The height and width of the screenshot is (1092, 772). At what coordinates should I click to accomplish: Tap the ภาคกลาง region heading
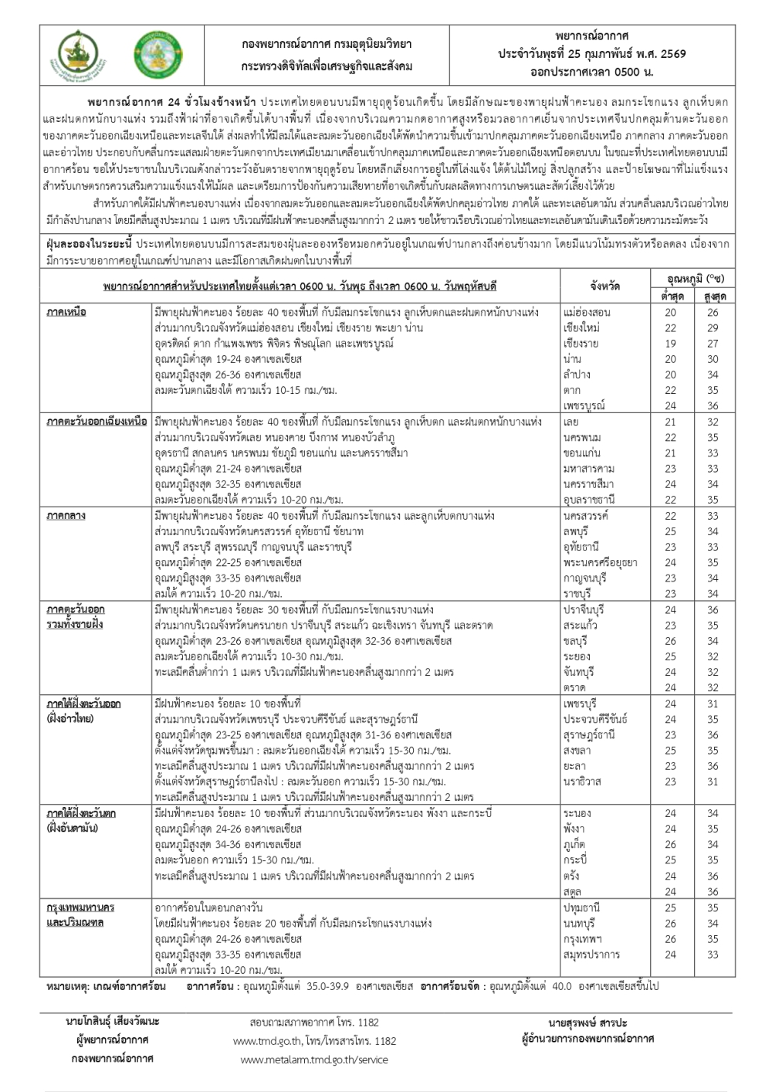(x=66, y=516)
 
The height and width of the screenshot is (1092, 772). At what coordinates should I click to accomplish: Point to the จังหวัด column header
(x=604, y=286)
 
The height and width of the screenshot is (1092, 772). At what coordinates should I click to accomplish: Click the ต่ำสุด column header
(x=670, y=295)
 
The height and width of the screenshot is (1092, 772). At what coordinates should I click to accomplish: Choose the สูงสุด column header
(x=712, y=295)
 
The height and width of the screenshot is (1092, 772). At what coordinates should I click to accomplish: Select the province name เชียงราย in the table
(x=581, y=344)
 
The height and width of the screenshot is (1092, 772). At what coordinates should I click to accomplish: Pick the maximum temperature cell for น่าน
(x=712, y=359)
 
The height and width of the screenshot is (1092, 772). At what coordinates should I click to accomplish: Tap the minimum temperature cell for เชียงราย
(x=670, y=344)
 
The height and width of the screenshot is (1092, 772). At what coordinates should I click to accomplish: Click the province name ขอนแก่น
(x=582, y=453)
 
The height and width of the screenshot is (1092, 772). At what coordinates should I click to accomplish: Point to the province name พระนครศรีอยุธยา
(x=601, y=563)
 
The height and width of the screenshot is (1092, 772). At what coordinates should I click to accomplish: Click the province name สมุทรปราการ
(x=591, y=955)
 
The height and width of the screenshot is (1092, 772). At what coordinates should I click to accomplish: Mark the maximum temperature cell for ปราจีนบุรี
(x=712, y=610)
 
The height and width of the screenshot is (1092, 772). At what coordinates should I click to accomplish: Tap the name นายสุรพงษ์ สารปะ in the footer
(x=587, y=1022)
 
